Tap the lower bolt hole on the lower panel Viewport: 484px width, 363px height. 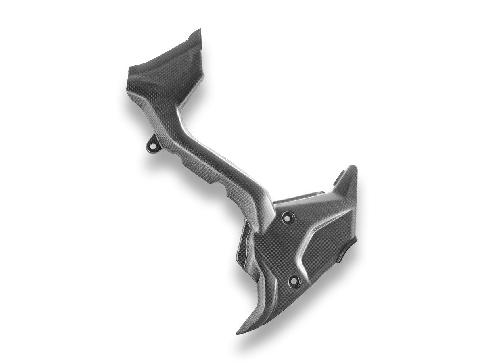[294, 279]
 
